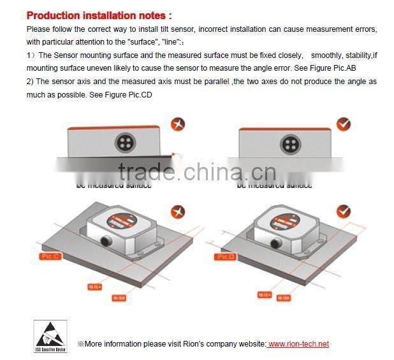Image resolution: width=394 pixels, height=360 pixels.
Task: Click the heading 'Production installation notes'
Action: point(99,15)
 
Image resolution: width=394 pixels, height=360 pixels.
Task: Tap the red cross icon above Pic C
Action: point(178,212)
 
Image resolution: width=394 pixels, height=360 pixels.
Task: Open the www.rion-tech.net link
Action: point(298,344)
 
